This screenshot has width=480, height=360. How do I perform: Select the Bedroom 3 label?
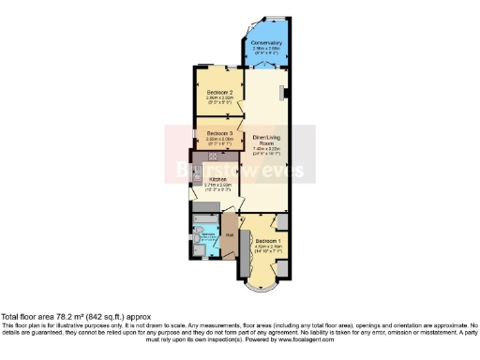(x=218, y=133)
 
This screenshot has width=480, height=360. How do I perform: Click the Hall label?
(x=230, y=225)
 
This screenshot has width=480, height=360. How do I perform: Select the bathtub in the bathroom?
(x=200, y=238)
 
